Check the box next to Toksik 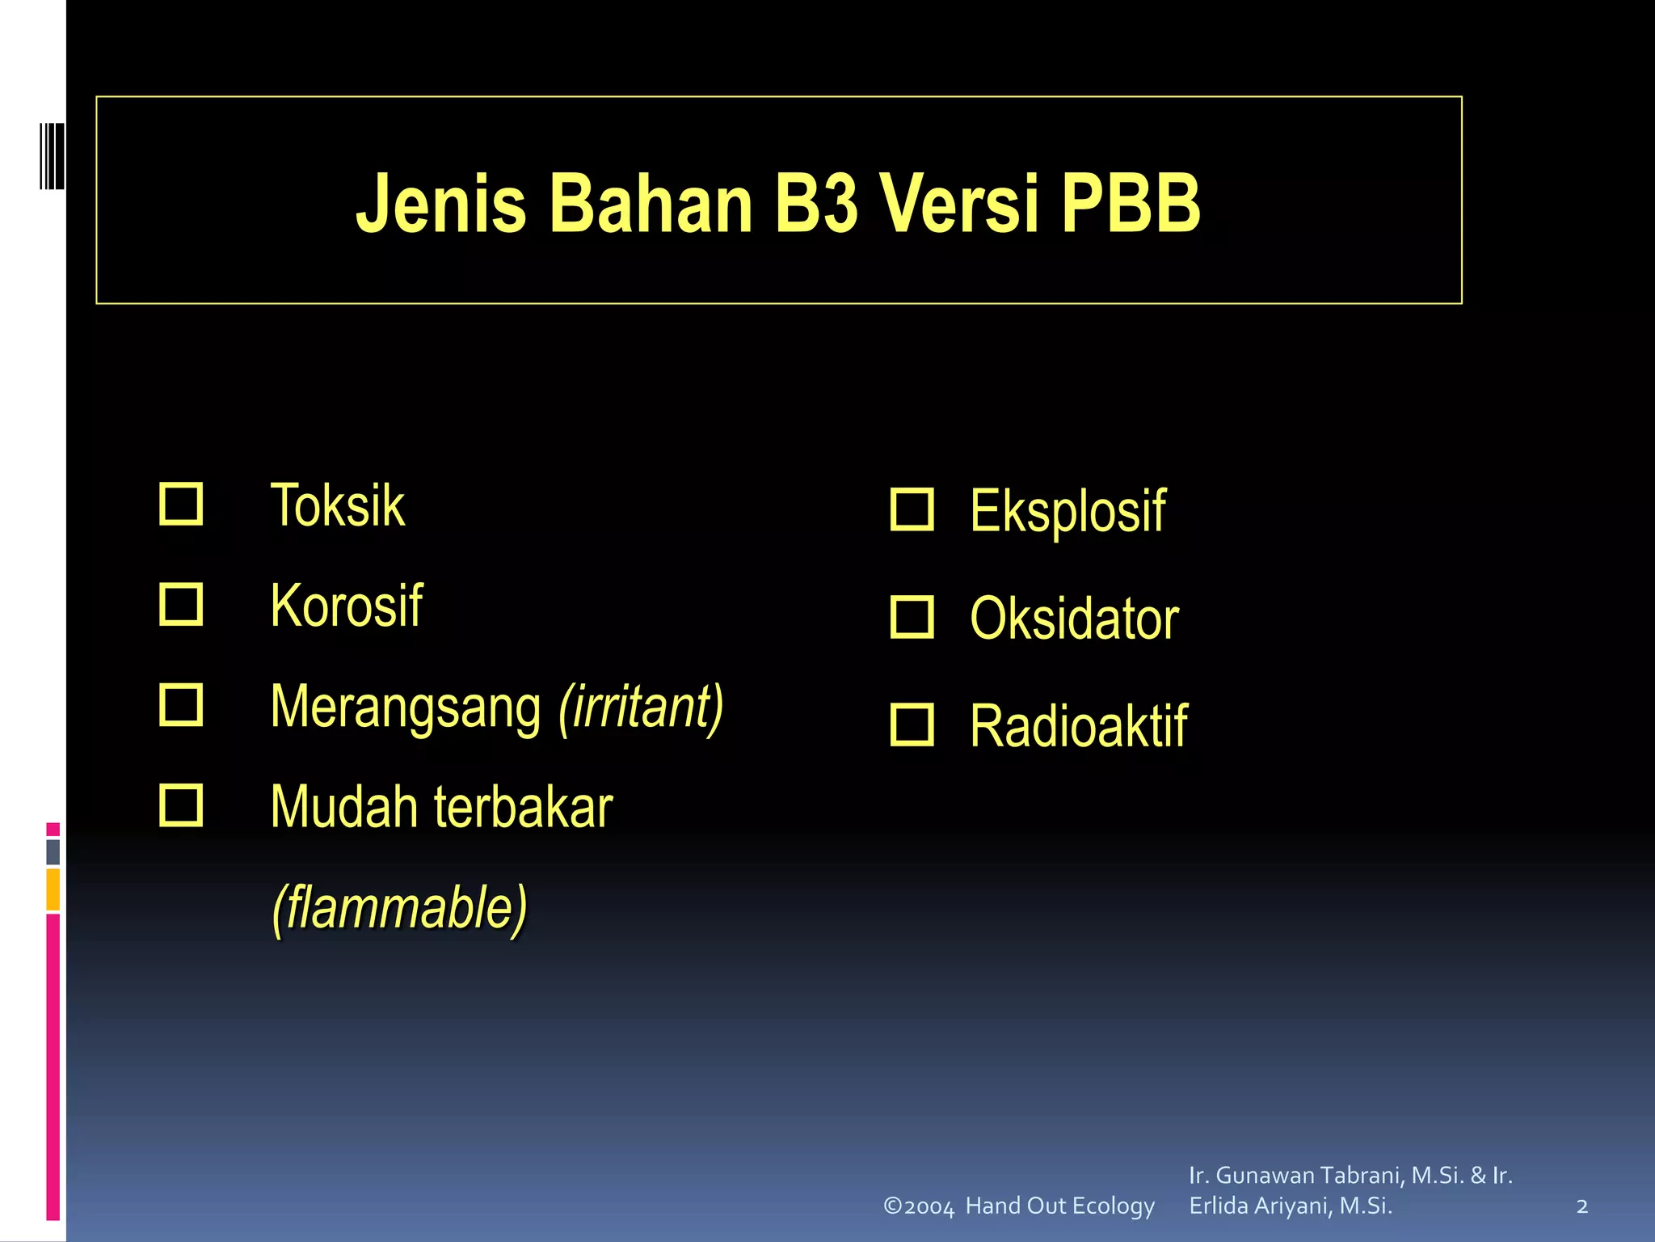pyautogui.click(x=181, y=505)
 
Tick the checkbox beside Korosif pyautogui.click(x=181, y=605)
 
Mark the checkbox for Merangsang pyautogui.click(x=181, y=705)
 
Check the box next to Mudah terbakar pyautogui.click(x=181, y=805)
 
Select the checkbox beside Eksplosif pyautogui.click(x=912, y=509)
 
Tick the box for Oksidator pyautogui.click(x=912, y=618)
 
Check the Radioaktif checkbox pyautogui.click(x=912, y=724)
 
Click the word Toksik pyautogui.click(x=338, y=506)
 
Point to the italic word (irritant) pyautogui.click(x=642, y=707)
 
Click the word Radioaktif pyautogui.click(x=1078, y=726)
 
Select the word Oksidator pyautogui.click(x=1074, y=619)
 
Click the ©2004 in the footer pyautogui.click(x=919, y=1206)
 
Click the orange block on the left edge pyautogui.click(x=53, y=889)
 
